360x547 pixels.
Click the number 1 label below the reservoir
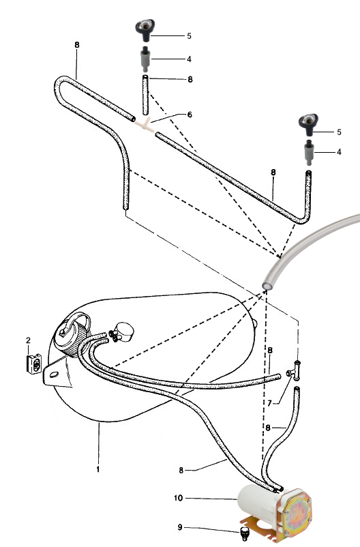98,469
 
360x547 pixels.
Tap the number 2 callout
28,340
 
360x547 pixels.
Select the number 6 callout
190,115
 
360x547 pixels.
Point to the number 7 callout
269,403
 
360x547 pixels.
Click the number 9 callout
180,527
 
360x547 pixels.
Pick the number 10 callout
178,498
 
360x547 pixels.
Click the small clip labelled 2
34,364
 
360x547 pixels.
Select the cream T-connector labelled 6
145,125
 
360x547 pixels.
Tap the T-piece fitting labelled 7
295,370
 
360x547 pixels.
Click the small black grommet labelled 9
245,533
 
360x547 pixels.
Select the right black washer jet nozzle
308,124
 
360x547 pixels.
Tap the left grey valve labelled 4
145,58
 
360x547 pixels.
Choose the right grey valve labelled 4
308,152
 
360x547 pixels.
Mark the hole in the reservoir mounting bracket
54,374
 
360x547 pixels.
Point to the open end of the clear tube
267,285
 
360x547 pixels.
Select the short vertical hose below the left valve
145,95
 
